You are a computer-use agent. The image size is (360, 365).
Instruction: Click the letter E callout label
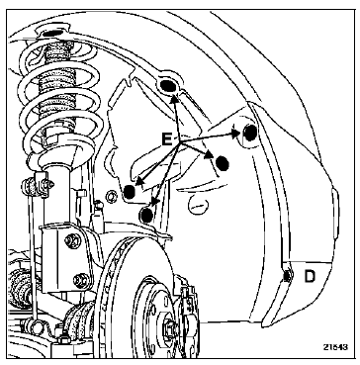point(167,139)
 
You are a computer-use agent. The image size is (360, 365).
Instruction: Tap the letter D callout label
point(310,276)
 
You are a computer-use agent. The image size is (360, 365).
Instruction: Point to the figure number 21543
point(335,347)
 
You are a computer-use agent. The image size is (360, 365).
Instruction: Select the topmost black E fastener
point(167,86)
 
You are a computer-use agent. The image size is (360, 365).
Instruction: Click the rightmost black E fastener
point(250,133)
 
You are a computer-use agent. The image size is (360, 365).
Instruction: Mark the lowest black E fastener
point(146,215)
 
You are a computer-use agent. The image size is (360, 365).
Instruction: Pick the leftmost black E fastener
point(129,192)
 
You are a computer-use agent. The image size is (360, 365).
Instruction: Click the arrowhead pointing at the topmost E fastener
point(174,98)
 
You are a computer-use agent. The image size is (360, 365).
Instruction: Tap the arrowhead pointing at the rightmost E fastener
point(235,134)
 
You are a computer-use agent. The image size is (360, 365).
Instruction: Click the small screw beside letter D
point(287,276)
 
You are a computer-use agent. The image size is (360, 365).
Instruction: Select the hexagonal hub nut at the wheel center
point(170,328)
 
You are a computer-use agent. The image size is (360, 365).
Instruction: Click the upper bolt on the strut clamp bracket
point(73,241)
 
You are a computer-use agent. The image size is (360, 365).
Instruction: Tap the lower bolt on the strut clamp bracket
point(80,281)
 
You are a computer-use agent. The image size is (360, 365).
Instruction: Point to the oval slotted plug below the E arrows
point(198,206)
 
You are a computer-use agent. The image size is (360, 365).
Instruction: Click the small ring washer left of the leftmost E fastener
point(111,196)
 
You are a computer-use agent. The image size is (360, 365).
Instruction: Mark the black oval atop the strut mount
point(51,33)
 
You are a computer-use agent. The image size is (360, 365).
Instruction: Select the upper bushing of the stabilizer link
point(32,187)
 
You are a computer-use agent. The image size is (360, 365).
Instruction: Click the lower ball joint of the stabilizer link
point(32,325)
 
